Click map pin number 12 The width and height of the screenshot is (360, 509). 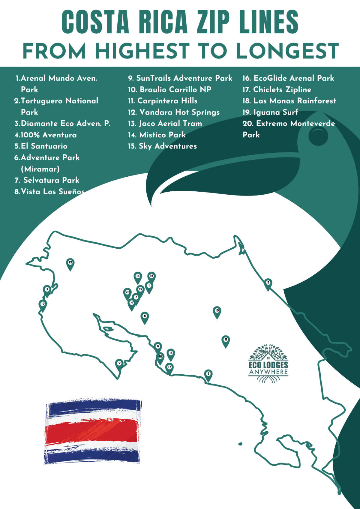pyautogui.click(x=70, y=263)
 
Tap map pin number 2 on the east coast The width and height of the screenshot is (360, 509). pyautogui.click(x=268, y=283)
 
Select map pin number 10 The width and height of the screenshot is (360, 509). pyautogui.click(x=217, y=311)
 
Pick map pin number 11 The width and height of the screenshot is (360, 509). pyautogui.click(x=226, y=340)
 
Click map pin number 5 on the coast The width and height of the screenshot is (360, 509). pyautogui.click(x=208, y=374)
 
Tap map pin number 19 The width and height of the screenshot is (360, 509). pyautogui.click(x=43, y=304)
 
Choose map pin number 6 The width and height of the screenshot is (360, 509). pyautogui.click(x=145, y=316)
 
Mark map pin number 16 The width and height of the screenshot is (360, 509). pyautogui.click(x=151, y=277)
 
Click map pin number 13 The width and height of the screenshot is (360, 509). pyautogui.click(x=171, y=354)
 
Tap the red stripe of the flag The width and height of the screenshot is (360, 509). pyautogui.click(x=91, y=430)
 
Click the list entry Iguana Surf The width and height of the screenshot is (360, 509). pyautogui.click(x=270, y=112)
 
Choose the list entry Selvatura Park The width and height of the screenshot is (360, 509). pyautogui.click(x=47, y=180)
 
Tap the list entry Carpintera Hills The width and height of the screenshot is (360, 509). pyautogui.click(x=163, y=101)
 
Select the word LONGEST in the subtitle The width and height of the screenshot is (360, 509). pyautogui.click(x=287, y=51)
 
